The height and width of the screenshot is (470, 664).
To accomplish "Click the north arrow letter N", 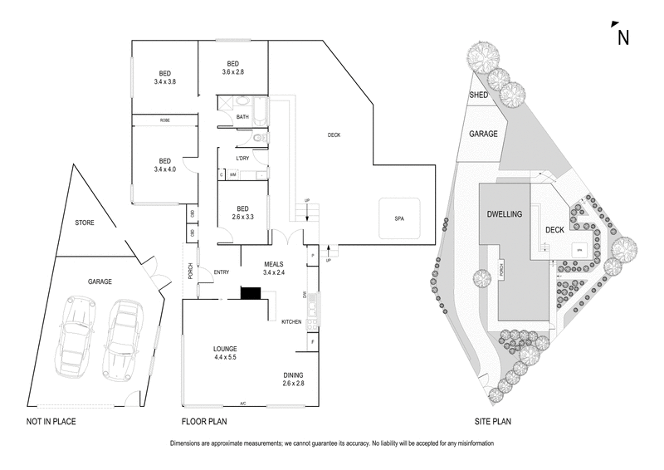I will coord(622,37).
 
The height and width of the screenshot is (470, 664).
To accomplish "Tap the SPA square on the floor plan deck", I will coord(399,218).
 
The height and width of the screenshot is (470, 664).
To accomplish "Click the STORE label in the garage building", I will coord(85,223).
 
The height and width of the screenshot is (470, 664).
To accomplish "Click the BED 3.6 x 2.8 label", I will coord(233,68).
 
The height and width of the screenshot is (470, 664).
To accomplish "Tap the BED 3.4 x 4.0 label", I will coord(164,165).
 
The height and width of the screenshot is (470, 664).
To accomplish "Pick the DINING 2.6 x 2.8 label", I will coord(293,379).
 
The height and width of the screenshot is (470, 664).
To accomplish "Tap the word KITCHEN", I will coord(290,321).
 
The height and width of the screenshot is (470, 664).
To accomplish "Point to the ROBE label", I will coord(164,120).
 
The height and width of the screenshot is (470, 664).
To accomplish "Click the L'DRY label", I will coord(242,159).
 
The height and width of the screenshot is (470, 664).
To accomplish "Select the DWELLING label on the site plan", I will coord(505,214).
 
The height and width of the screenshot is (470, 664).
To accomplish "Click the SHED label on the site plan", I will coord(480,95).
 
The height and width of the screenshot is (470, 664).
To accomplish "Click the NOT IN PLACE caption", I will coord(51,422).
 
